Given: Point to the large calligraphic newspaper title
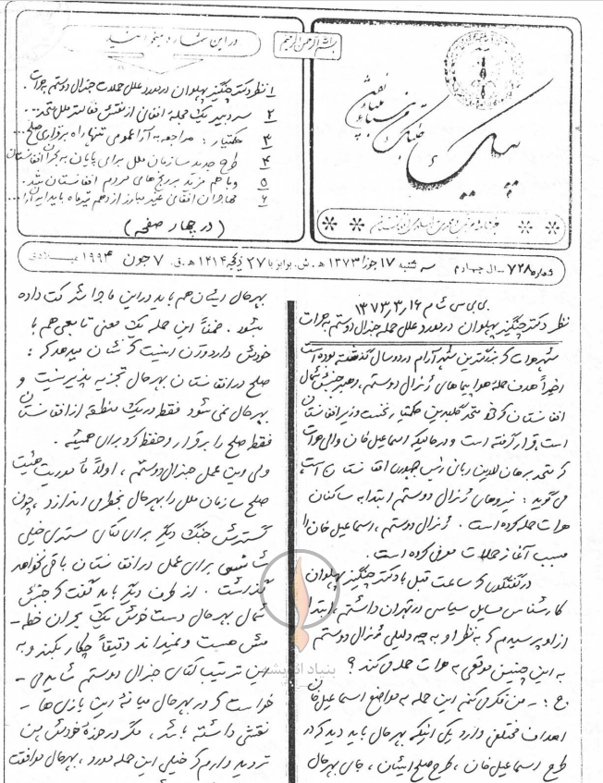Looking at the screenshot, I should pyautogui.click(x=435, y=139).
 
